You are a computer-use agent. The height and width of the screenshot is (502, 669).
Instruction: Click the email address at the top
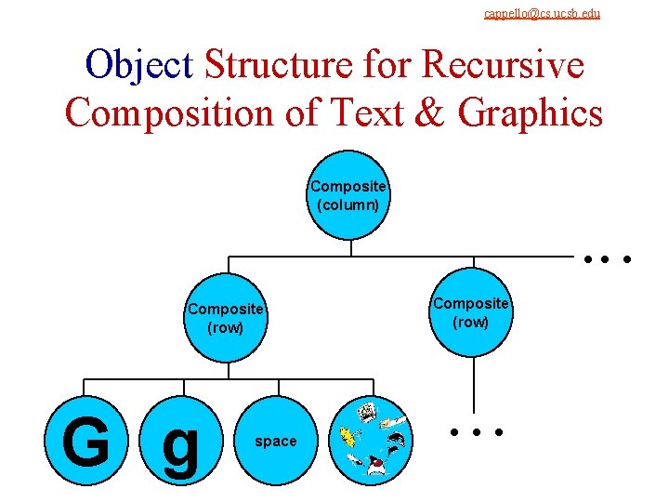[x=542, y=13]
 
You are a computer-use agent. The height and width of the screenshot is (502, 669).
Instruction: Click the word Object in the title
[x=138, y=65]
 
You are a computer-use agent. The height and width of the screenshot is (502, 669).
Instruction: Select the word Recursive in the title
[x=503, y=65]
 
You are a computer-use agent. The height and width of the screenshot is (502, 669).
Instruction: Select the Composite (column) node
[x=348, y=194]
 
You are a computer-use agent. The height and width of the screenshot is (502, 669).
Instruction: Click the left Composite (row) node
[x=226, y=318]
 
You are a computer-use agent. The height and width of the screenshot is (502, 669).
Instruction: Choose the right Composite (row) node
[x=471, y=312]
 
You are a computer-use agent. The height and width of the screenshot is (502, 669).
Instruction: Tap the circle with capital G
[x=85, y=441]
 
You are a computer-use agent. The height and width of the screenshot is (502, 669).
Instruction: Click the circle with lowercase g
[x=181, y=443]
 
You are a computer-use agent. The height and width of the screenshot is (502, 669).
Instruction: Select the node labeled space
[x=276, y=442]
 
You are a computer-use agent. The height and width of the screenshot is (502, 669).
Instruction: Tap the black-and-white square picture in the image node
[x=366, y=411]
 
